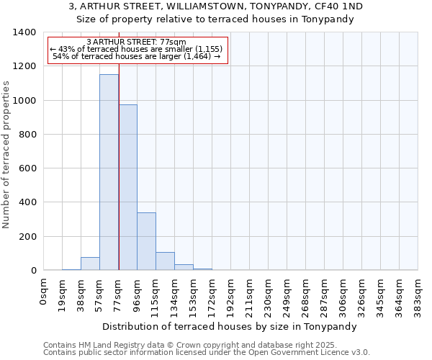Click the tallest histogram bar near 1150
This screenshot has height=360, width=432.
coord(109,173)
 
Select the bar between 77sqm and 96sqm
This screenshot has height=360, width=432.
coord(127,187)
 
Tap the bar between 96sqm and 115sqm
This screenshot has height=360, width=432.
coord(146,241)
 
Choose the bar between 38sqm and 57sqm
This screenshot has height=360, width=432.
coord(90,264)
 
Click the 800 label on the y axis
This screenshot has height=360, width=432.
coord(27,135)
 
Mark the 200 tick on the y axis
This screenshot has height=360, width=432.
coord(27,237)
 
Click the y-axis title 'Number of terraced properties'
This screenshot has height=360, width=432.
coord(6,154)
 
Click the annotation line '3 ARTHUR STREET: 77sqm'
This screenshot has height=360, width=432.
coord(136,42)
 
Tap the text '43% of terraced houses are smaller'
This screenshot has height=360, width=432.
coord(136,49)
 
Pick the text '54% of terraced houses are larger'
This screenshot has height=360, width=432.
coord(136,56)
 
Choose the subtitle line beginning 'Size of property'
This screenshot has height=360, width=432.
coord(215,19)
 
